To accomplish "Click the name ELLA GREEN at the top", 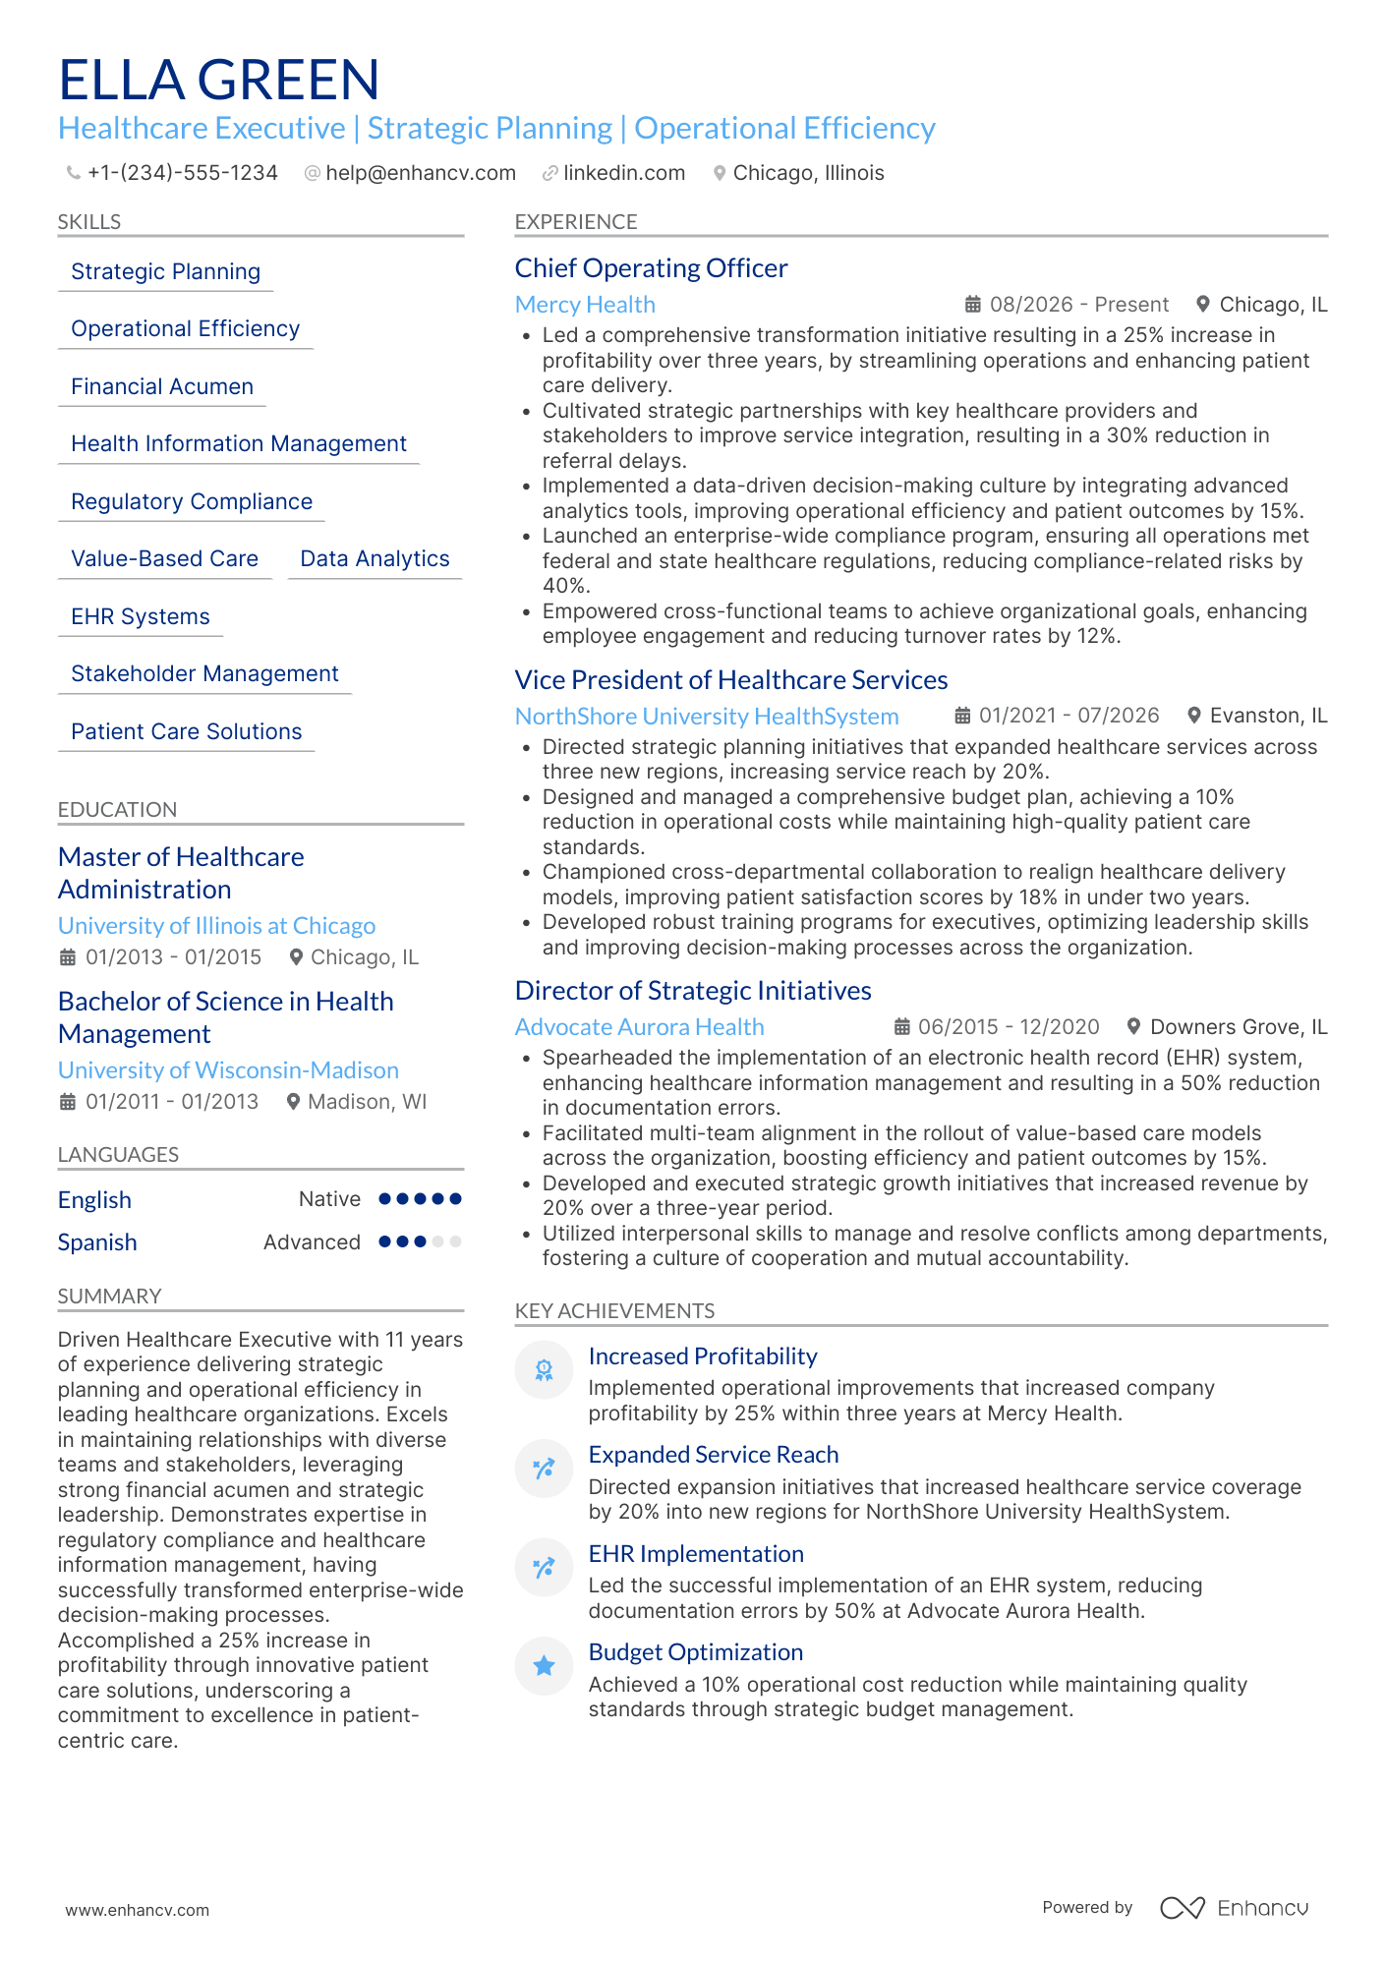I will (218, 80).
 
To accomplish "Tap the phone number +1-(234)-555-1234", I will (182, 173).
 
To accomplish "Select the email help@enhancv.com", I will (420, 173).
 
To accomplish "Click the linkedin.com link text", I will (623, 173).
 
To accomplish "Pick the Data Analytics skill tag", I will (375, 559).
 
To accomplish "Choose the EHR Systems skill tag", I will (140, 617).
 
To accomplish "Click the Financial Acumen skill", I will (162, 387).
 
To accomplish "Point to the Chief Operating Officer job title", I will (651, 268).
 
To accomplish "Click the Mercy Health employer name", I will (585, 305).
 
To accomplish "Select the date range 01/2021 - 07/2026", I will (1068, 716).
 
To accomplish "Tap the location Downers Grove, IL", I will (1238, 1027).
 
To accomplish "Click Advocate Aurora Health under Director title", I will (639, 1027).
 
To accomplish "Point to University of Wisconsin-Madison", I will (228, 1070).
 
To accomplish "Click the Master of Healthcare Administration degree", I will (181, 873).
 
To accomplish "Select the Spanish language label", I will (97, 1242).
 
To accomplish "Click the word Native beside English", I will (329, 1199).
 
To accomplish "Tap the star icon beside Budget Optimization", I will (544, 1665).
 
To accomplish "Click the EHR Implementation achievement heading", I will (695, 1554).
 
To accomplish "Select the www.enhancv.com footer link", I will (137, 1910).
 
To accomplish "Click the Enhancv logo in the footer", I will (1234, 1908).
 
